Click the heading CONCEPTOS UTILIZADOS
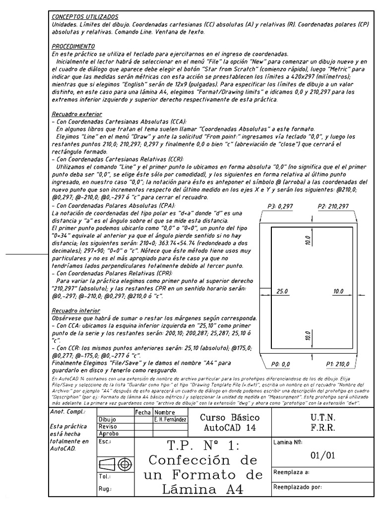[x=85, y=17]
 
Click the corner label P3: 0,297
[x=281, y=206]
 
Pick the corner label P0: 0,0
[x=280, y=364]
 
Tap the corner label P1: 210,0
[x=337, y=364]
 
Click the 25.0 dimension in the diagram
[x=282, y=292]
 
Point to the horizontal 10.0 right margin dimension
[x=338, y=292]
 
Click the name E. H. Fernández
[x=170, y=420]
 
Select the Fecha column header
[x=143, y=412]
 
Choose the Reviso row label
[x=108, y=427]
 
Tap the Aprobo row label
[x=109, y=434]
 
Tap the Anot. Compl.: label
[x=68, y=412]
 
